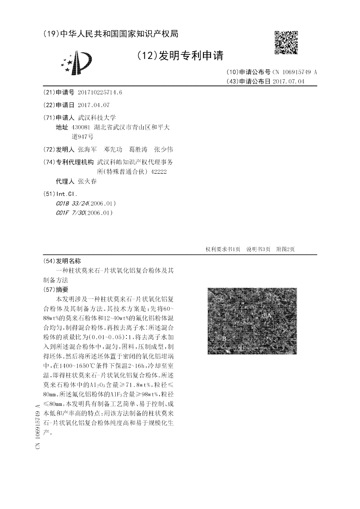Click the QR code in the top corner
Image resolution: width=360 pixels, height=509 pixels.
[286, 42]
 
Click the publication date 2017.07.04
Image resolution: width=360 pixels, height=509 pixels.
[288, 81]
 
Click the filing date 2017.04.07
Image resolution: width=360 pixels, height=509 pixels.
[93, 105]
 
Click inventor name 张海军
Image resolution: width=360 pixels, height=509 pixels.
[87, 149]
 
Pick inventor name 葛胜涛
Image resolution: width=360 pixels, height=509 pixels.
[138, 149]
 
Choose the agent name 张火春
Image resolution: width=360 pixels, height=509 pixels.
[87, 181]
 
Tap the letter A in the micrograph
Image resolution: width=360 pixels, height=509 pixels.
[269, 315]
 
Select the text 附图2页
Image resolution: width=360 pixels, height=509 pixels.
[285, 249]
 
